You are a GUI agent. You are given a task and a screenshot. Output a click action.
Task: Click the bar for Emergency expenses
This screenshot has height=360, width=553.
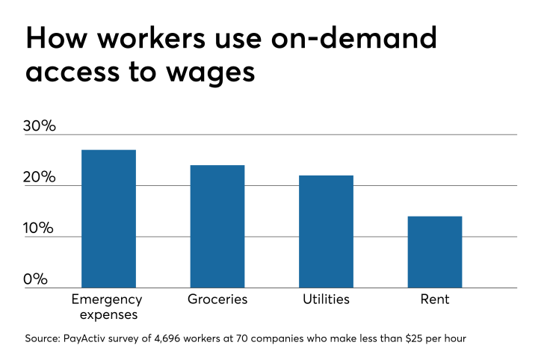pos(108,218)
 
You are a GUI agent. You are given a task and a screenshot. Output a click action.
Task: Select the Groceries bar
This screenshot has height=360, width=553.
pos(217,226)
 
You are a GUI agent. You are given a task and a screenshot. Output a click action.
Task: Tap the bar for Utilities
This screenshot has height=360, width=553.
pos(326,231)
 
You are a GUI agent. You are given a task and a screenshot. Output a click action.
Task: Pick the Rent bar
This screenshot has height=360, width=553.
pos(434,252)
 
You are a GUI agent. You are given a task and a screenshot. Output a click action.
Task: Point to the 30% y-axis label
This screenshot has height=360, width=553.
pos(40,125)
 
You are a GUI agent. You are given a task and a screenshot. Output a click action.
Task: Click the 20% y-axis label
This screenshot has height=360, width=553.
pos(40,177)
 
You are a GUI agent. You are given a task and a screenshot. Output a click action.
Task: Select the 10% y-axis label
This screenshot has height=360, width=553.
pos(40,228)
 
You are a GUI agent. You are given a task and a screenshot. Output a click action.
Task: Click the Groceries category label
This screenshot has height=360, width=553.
pos(217,300)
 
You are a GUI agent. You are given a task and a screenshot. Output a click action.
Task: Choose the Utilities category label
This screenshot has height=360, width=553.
pos(326,300)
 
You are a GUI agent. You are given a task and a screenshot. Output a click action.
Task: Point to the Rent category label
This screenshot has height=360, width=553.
pos(434,300)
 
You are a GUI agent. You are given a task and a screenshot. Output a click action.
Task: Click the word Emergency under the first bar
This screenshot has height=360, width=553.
pos(107,300)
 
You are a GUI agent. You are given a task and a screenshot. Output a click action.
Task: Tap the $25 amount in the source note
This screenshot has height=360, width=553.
pos(413,338)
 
